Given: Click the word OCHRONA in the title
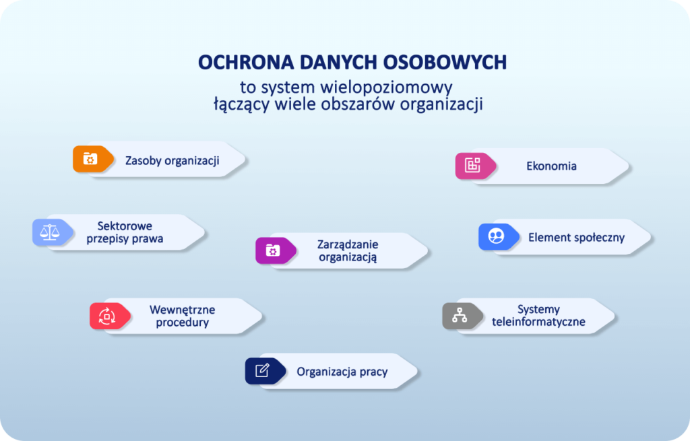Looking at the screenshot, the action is coord(246,63).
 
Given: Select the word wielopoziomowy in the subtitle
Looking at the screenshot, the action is coord(386,88).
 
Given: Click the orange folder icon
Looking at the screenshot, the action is coord(91,159).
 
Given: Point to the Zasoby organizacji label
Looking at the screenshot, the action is coord(172,161).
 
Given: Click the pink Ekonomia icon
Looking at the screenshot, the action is coord(473,166).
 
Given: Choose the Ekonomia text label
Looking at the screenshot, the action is coord(551,166).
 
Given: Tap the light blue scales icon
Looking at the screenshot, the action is coord(50,232).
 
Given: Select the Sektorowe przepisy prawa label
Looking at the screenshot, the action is coord(125,232).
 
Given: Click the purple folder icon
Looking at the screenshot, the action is coord(274,250).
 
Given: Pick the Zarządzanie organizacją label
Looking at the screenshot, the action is coord(348,250).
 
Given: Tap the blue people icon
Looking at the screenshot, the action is coord(497,236).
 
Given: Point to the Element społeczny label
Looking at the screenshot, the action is coord(577,238).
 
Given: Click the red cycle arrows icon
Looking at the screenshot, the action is coord(107,316).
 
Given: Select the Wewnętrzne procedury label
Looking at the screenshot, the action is coord(182,316).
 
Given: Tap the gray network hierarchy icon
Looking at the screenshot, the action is coord(460,316).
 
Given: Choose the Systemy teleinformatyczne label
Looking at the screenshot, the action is coord(538,315).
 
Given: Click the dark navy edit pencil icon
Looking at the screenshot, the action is coord(263,371).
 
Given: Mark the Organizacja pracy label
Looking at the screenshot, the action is coord(342,372).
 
